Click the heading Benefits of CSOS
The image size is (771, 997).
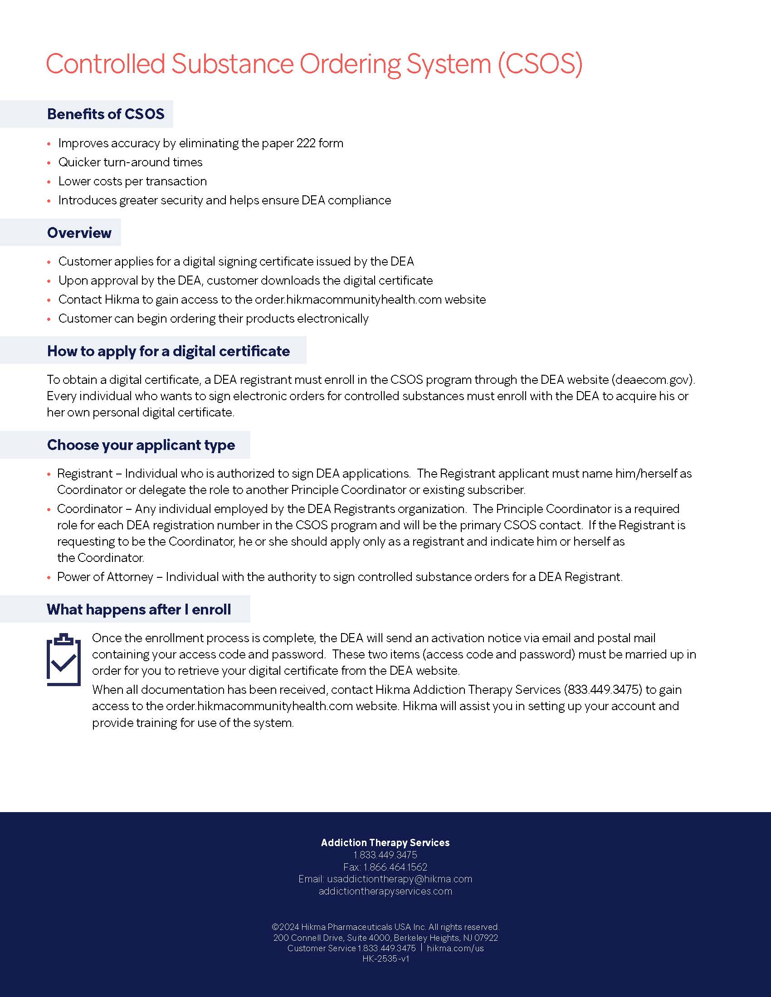(106, 114)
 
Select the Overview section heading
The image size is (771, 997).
(79, 233)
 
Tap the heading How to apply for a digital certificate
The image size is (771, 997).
(168, 351)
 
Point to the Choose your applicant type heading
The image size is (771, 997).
(141, 445)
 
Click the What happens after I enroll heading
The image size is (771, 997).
(138, 610)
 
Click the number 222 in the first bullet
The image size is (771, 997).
(306, 143)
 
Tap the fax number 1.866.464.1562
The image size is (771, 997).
(395, 867)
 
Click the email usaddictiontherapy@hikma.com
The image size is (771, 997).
(400, 879)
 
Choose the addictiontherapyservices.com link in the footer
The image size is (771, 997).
(385, 891)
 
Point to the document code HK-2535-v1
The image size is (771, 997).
(385, 958)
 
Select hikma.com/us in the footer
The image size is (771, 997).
(455, 948)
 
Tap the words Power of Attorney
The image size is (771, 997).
(105, 577)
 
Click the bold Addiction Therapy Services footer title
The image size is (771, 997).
(385, 843)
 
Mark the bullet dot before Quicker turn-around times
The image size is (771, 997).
(49, 163)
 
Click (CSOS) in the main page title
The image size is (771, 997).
(540, 64)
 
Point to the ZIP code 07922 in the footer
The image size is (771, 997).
(486, 938)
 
